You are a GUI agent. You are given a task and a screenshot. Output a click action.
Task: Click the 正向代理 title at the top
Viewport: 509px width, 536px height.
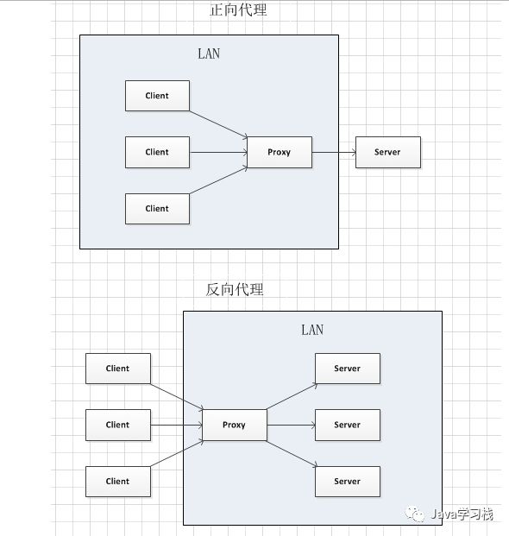click(x=238, y=9)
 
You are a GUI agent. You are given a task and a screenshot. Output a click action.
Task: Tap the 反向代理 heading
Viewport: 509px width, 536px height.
click(x=235, y=289)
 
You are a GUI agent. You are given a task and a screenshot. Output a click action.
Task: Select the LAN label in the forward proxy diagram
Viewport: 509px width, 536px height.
click(x=209, y=54)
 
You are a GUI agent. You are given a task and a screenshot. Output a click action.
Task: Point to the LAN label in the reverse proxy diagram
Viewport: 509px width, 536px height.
click(x=312, y=330)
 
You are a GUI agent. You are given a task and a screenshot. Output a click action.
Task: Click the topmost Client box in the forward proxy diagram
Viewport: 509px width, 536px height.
click(x=157, y=96)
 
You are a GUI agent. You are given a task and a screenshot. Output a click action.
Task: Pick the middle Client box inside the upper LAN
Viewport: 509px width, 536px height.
click(x=157, y=152)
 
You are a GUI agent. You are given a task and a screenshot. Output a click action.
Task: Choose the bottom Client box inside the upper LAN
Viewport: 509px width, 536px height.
click(x=157, y=209)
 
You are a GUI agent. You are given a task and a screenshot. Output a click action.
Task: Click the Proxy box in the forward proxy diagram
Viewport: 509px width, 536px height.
click(x=280, y=152)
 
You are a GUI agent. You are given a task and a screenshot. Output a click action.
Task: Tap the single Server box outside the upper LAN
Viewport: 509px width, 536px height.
click(x=388, y=152)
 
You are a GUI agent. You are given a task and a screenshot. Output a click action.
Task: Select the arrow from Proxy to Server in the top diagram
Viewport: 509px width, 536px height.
click(x=334, y=152)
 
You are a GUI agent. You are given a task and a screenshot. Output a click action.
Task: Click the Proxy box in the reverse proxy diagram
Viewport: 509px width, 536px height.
click(x=235, y=425)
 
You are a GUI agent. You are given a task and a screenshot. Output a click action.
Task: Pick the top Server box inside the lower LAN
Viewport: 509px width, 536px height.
click(x=348, y=369)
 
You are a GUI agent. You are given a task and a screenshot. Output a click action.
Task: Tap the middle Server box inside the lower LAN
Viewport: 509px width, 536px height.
click(x=348, y=425)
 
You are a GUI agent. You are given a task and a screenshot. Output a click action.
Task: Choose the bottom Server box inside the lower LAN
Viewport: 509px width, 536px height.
click(x=348, y=482)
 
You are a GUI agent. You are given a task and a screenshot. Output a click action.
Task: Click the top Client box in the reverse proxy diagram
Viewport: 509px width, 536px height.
click(x=118, y=369)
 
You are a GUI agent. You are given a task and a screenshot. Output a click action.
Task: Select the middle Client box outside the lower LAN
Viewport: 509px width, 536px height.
click(x=118, y=425)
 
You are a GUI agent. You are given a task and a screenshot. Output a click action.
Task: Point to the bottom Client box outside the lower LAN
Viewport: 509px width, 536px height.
click(x=118, y=482)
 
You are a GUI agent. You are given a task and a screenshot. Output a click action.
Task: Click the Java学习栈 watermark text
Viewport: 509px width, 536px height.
click(x=462, y=514)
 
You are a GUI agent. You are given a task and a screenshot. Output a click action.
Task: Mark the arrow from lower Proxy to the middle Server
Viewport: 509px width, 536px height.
click(x=291, y=425)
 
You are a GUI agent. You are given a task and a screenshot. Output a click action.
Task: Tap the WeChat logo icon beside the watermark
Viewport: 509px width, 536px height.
click(x=415, y=514)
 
